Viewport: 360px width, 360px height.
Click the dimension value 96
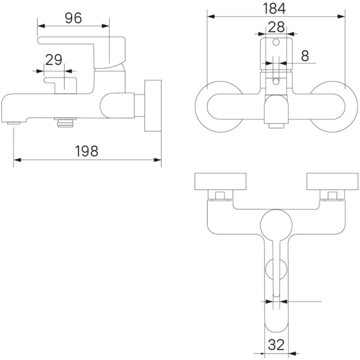73,18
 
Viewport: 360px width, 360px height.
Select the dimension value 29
53,59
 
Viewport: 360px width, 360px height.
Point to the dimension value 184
277,8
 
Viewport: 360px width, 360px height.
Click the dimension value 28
276,26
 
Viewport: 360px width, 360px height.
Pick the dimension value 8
305,56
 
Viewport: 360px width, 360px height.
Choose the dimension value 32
277,345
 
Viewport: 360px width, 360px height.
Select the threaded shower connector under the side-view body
64,124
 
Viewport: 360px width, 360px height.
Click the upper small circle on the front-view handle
276,43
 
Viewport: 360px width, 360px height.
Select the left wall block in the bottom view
220,181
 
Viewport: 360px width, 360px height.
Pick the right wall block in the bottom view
332,181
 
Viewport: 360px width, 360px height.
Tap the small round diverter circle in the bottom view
276,271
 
